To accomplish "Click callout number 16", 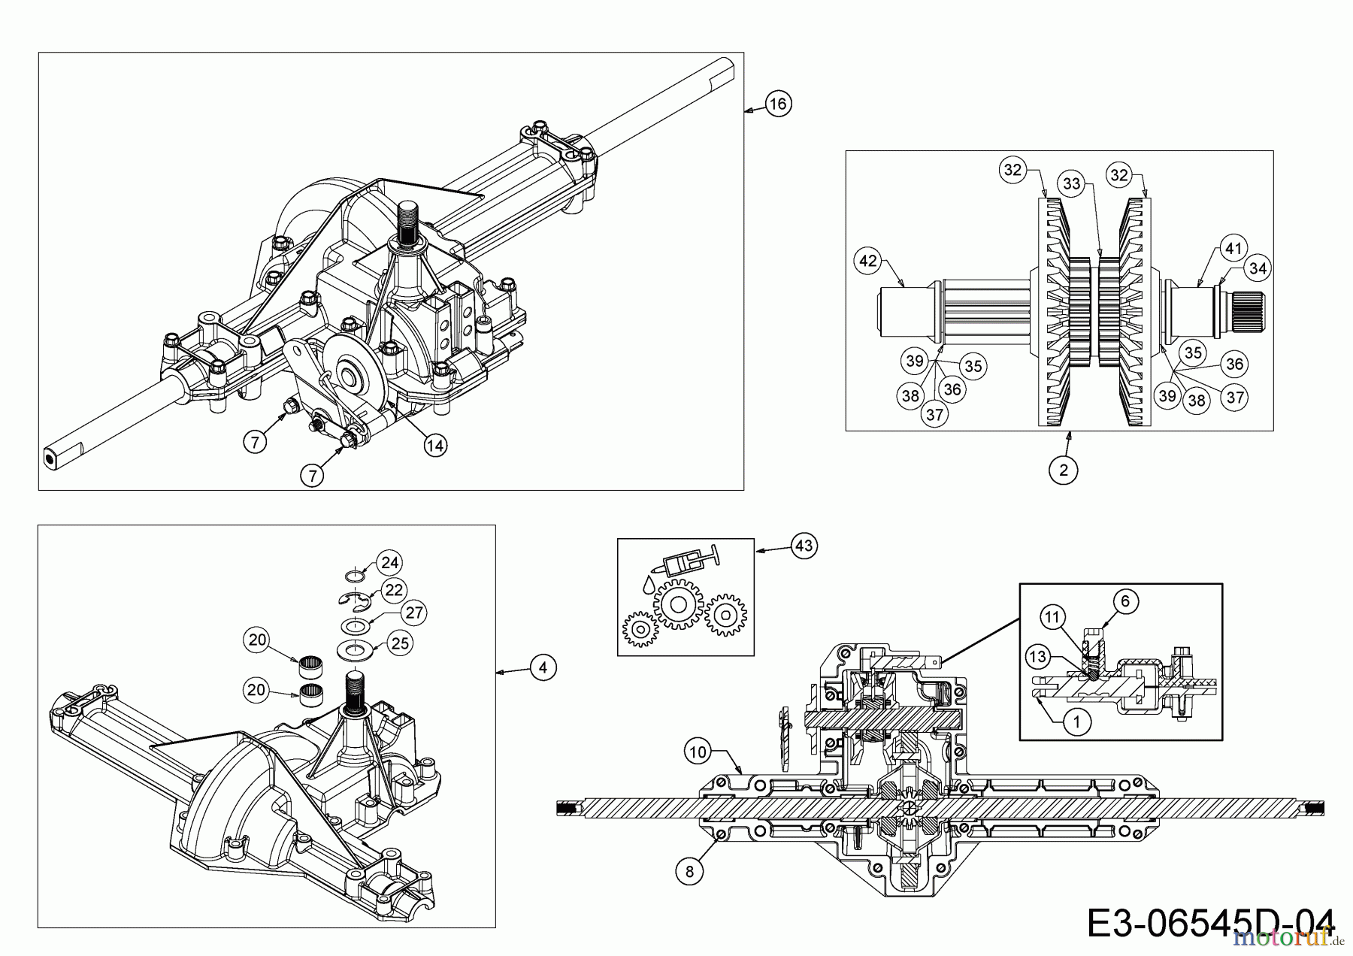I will click(778, 103).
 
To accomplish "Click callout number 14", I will click(434, 445).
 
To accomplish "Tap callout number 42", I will click(867, 261).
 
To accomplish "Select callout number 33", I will click(1071, 183).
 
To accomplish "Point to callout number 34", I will click(1258, 267).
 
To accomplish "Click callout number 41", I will click(1233, 247).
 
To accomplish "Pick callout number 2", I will click(1063, 470).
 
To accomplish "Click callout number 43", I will click(804, 545).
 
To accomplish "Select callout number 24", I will click(389, 562).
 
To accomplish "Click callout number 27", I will click(413, 612).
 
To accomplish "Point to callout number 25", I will click(400, 643).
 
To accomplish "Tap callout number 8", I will click(689, 871).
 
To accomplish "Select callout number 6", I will click(1125, 601).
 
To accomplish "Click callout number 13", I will click(1037, 657).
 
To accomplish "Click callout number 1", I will click(1076, 722).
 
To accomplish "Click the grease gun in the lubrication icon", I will click(688, 562).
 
